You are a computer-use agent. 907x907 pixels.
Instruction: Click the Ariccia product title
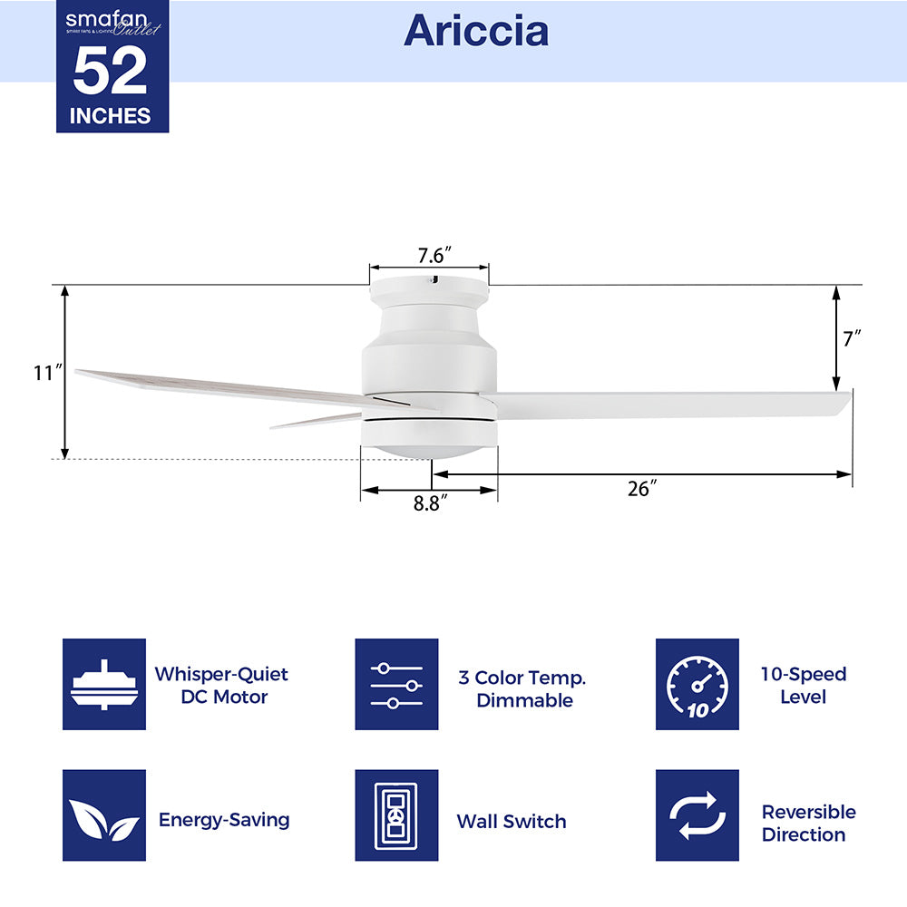(x=475, y=31)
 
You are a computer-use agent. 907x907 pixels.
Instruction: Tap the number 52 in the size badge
(x=110, y=71)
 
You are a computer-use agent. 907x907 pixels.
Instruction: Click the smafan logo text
(x=106, y=19)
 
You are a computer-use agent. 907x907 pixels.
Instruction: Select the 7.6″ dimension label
(x=434, y=255)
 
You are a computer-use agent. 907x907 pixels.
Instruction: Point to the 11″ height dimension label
(x=47, y=373)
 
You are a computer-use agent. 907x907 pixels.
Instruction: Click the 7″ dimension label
(x=852, y=338)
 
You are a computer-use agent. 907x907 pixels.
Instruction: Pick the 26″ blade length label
(x=642, y=489)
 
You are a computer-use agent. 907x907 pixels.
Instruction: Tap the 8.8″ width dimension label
(x=430, y=503)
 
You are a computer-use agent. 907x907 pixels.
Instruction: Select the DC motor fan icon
(x=104, y=684)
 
